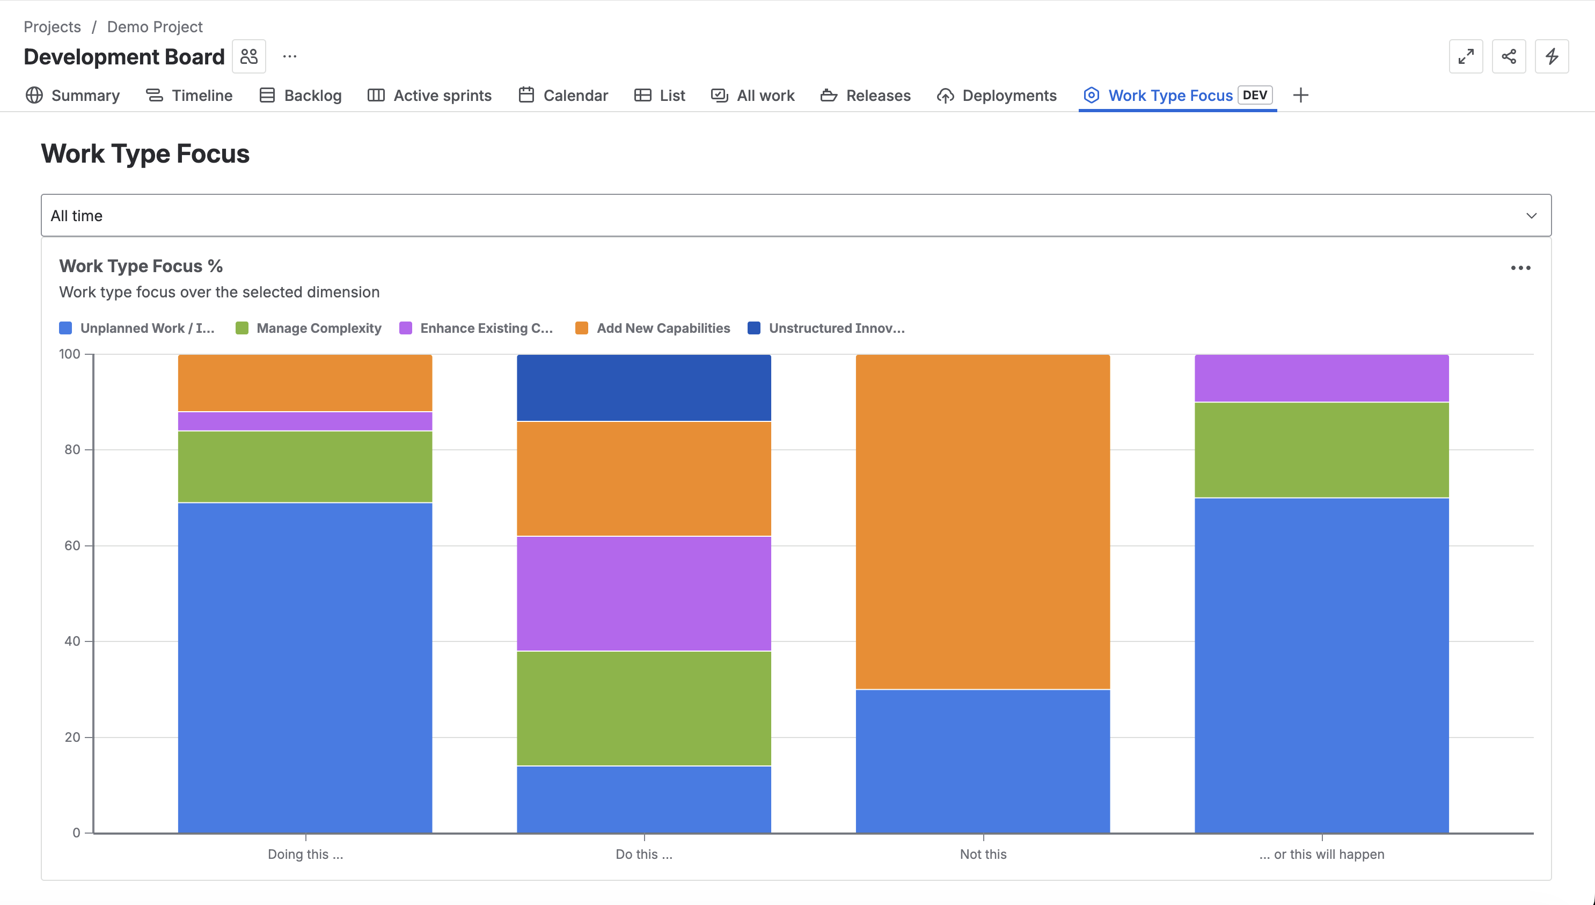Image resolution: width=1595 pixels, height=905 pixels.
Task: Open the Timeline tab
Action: click(189, 95)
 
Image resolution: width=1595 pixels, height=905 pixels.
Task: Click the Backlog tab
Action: click(301, 95)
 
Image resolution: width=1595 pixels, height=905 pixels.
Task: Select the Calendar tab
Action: click(563, 95)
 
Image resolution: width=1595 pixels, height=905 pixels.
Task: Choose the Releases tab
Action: click(865, 95)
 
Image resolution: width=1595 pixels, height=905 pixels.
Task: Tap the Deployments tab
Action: click(997, 95)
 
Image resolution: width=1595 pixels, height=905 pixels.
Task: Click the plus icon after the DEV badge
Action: click(1300, 95)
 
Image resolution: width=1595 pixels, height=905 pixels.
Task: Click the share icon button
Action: click(1509, 56)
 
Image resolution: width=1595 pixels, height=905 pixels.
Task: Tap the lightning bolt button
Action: click(1552, 56)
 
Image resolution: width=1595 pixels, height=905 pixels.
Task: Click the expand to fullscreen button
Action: click(1466, 56)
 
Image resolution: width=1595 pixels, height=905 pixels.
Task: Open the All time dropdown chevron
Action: click(1531, 216)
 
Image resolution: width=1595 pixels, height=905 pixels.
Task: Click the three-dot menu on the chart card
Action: click(1520, 268)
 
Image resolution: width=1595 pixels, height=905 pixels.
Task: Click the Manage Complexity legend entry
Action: click(309, 328)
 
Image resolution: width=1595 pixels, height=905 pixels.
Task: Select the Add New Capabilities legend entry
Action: click(653, 328)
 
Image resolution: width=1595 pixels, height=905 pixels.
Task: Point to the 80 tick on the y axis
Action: click(72, 449)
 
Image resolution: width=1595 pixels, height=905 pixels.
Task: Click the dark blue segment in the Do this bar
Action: click(643, 388)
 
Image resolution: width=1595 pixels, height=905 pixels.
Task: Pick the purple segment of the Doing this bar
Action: click(305, 421)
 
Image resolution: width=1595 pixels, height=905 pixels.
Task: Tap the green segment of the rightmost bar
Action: click(1322, 450)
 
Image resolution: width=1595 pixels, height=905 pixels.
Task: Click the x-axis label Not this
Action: click(982, 854)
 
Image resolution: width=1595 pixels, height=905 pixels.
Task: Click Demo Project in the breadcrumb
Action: click(155, 27)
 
